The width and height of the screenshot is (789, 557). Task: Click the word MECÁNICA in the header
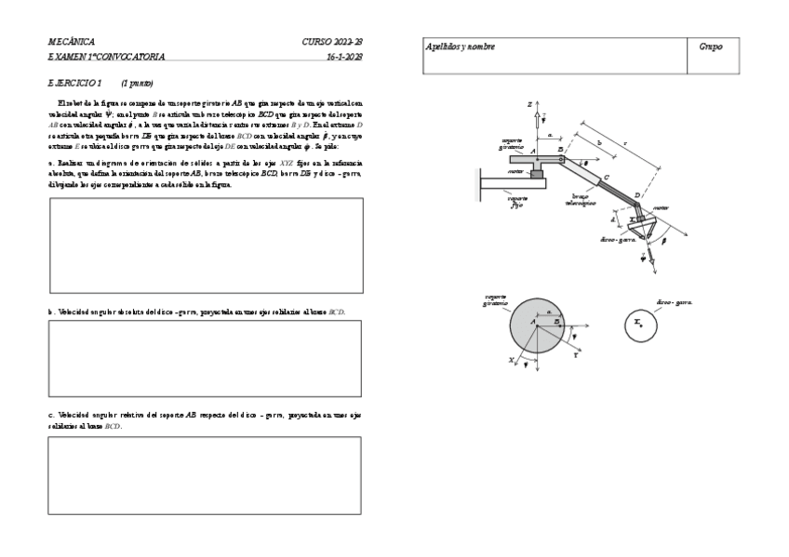(72, 43)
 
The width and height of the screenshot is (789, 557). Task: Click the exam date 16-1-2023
(344, 57)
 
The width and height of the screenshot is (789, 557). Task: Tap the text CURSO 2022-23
(332, 43)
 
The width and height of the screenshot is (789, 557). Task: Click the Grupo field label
(711, 46)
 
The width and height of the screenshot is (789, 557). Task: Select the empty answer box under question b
(205, 358)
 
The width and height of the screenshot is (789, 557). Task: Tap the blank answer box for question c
(205, 475)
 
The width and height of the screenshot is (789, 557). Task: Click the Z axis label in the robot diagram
(528, 105)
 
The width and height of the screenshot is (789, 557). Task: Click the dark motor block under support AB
(537, 173)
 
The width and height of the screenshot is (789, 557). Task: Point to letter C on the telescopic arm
(607, 177)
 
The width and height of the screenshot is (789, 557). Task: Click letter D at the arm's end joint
(637, 195)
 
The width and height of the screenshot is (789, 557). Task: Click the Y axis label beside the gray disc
(577, 354)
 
